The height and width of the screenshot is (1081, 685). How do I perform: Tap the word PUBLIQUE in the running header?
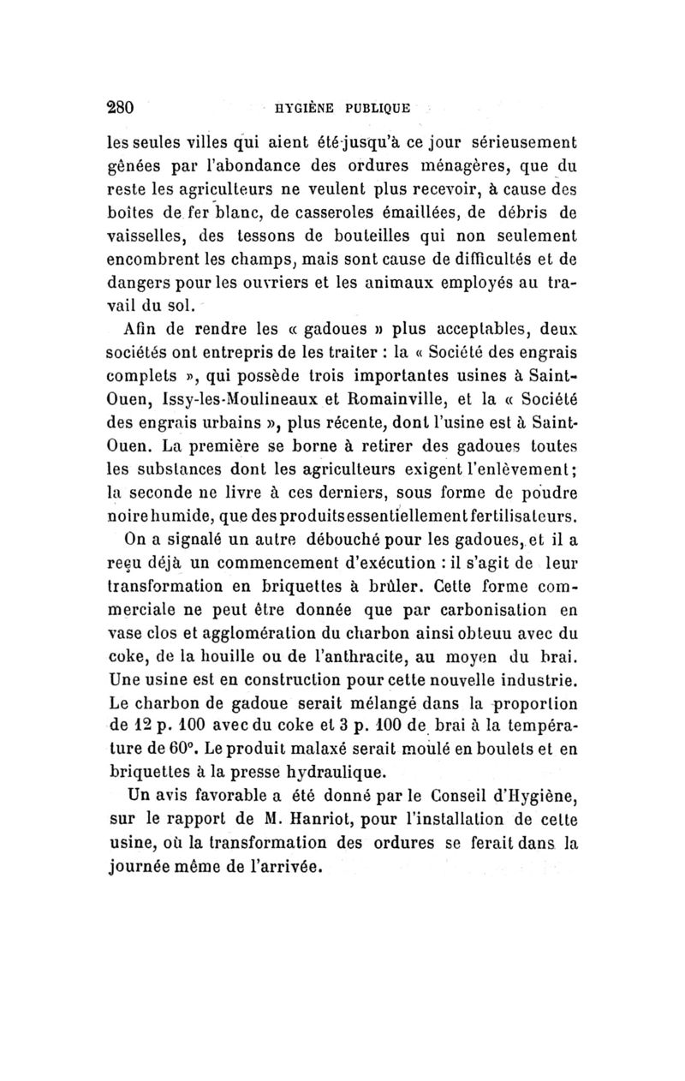pyautogui.click(x=378, y=109)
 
